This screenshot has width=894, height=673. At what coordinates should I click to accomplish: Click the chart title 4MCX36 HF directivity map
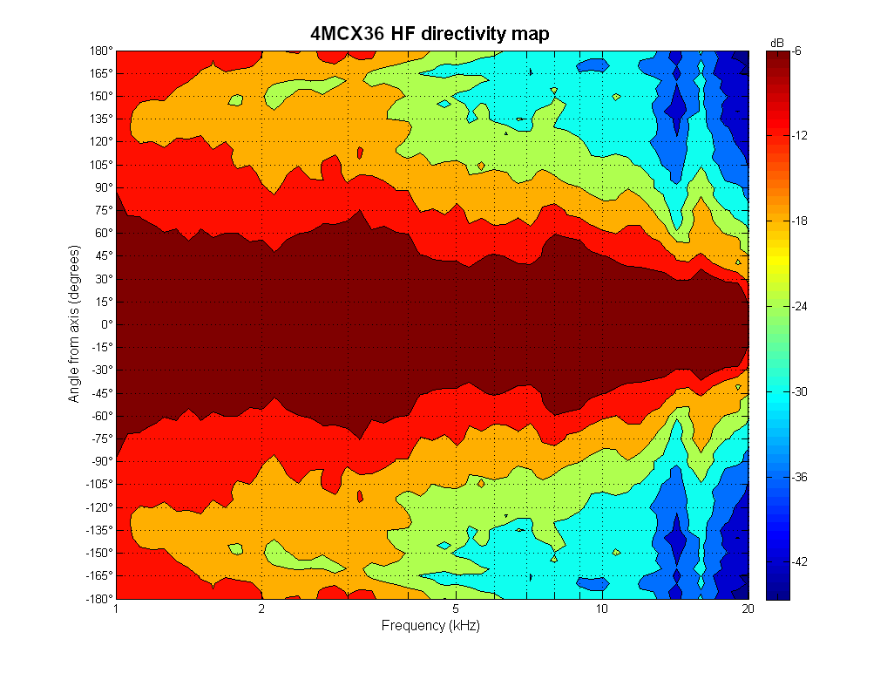pyautogui.click(x=430, y=34)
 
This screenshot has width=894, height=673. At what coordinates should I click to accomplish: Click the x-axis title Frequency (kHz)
pyautogui.click(x=430, y=626)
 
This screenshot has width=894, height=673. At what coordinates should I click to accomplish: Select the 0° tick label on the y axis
pyautogui.click(x=105, y=324)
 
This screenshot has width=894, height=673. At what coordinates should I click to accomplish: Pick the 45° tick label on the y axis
pyautogui.click(x=103, y=256)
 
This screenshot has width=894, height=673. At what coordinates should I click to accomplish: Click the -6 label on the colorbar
pyautogui.click(x=797, y=51)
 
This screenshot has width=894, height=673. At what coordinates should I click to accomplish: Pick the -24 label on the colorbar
pyautogui.click(x=800, y=307)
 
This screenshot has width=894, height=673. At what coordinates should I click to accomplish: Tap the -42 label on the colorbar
pyautogui.click(x=800, y=562)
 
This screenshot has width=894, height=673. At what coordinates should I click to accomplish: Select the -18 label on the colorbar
pyautogui.click(x=800, y=221)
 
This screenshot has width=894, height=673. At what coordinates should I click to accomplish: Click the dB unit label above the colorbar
pyautogui.click(x=777, y=42)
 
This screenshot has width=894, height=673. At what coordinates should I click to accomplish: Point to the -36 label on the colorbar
pyautogui.click(x=800, y=477)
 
